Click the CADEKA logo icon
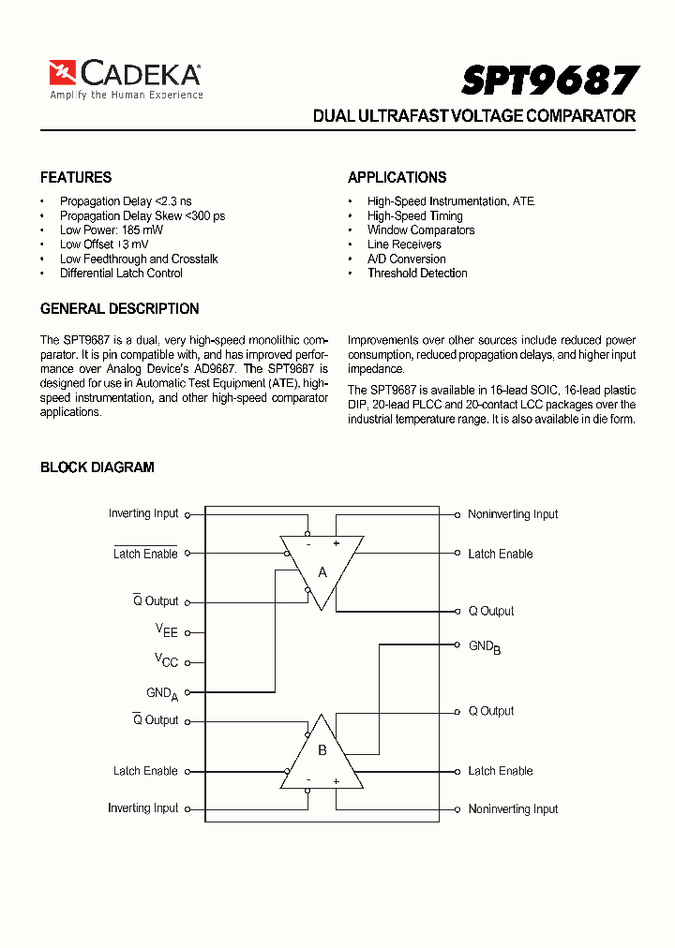[x=63, y=73]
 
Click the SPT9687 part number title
[x=549, y=81]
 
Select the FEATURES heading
[x=76, y=177]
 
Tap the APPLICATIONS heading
[x=397, y=177]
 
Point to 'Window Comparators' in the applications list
[x=420, y=230]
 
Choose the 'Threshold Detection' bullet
[x=416, y=273]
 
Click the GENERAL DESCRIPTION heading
[x=119, y=308]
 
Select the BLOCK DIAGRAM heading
[x=97, y=467]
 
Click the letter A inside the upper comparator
[x=322, y=571]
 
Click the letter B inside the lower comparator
[x=322, y=749]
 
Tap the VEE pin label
[x=166, y=631]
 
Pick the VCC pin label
[x=166, y=660]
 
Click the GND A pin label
[x=161, y=693]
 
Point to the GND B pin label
[x=484, y=646]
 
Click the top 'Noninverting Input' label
[x=513, y=514]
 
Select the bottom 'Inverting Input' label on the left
[x=142, y=807]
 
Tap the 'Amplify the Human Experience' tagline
[x=126, y=95]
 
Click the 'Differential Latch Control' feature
[x=121, y=273]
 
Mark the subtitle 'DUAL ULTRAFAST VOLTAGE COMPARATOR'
[x=473, y=116]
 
